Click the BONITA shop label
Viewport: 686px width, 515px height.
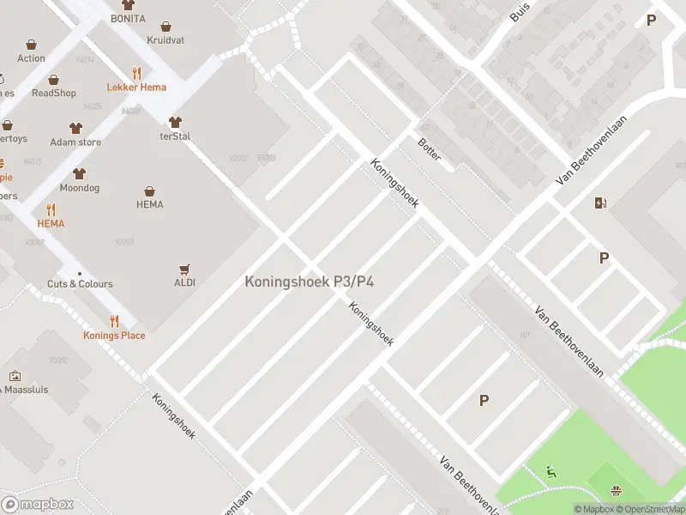tap(128, 18)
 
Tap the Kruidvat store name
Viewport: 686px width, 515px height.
tap(165, 40)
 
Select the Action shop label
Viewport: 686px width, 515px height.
tap(31, 58)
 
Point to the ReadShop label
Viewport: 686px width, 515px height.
tap(54, 93)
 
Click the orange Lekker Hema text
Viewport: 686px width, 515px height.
tap(136, 87)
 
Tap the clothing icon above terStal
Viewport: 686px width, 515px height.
tap(175, 122)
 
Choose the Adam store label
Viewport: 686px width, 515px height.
tap(75, 142)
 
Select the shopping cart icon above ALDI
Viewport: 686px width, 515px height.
tap(184, 269)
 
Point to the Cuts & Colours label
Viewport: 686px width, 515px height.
tap(80, 283)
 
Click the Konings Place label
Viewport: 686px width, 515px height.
tap(114, 335)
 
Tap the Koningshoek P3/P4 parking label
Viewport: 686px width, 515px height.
tap(310, 281)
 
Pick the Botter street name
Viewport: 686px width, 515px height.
tap(429, 149)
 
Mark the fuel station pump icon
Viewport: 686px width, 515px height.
tap(601, 203)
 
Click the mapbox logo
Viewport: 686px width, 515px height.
tap(38, 505)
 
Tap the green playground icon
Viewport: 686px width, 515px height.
tap(551, 470)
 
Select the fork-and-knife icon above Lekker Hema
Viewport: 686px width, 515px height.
tap(136, 73)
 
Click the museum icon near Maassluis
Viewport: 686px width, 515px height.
tap(15, 376)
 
